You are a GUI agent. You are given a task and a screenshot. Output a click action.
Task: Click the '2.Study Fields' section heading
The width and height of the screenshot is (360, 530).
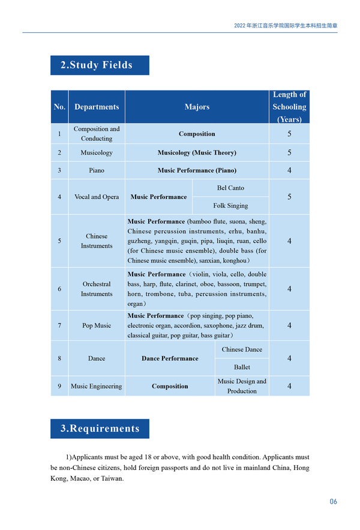100,65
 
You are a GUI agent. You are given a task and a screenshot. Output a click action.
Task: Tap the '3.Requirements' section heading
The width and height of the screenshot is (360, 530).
100,429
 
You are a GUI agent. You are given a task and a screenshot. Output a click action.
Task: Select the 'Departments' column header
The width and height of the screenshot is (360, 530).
97,107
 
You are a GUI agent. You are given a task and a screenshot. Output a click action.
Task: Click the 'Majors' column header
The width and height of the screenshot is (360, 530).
197,107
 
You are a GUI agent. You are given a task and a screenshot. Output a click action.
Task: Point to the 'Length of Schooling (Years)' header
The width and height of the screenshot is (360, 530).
289,107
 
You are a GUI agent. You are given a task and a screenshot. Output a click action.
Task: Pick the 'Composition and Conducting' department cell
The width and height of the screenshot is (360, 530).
97,134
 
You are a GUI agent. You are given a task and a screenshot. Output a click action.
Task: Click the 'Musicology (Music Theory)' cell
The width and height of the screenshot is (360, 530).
197,153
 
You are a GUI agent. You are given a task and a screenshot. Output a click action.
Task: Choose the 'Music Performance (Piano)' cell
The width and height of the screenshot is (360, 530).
197,170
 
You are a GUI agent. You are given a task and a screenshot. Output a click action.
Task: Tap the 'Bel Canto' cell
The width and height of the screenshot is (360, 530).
230,188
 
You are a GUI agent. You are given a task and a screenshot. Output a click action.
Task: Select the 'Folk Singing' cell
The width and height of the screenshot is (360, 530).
230,206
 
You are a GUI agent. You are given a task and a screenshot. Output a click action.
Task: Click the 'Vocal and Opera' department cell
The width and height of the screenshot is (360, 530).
97,197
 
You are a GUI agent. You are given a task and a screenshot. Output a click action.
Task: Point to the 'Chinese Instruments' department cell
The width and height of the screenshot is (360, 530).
97,241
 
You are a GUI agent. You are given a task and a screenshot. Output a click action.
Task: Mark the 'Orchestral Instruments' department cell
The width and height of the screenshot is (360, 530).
97,289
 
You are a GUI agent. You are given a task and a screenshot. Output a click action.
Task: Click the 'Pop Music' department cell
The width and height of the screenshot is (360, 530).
97,326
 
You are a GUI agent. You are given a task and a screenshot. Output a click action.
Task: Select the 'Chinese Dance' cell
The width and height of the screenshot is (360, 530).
242,350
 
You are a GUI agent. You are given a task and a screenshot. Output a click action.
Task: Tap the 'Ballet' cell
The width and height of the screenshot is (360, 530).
242,367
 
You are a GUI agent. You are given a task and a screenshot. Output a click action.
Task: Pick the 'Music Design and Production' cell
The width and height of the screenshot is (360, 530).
242,386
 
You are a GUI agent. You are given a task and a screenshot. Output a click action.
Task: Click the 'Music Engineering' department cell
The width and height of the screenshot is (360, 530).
97,386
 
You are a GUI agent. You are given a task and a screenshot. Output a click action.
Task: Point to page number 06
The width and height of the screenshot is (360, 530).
333,501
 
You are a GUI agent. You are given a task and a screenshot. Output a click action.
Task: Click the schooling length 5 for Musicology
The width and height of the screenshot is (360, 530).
289,153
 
